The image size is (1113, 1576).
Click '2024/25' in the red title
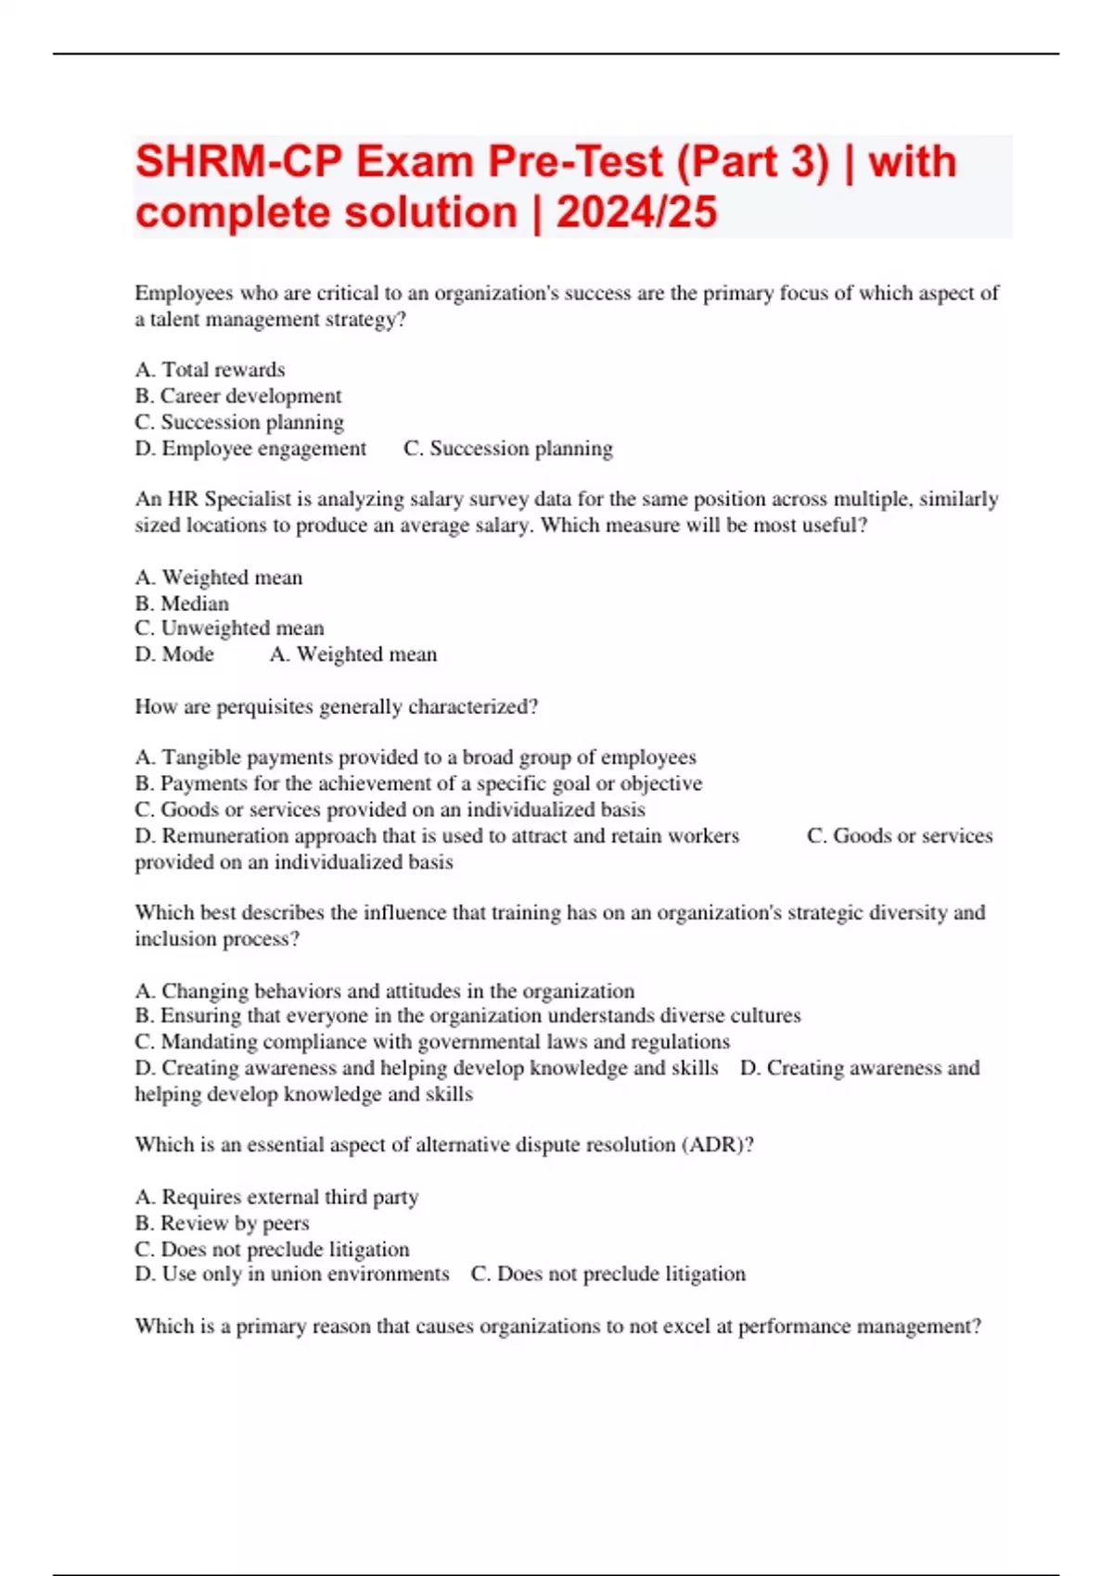click(636, 212)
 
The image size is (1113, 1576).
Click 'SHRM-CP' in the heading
click(239, 162)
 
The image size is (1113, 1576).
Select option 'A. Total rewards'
click(211, 370)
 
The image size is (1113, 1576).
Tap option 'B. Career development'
click(238, 396)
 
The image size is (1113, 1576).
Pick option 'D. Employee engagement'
click(250, 449)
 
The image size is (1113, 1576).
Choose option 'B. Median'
click(183, 604)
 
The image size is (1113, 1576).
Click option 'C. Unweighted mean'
click(229, 629)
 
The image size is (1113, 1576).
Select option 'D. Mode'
click(174, 655)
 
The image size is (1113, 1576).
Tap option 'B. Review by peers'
click(223, 1224)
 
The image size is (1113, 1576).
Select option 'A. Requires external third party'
click(276, 1198)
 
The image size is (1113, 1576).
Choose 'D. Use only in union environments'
click(291, 1275)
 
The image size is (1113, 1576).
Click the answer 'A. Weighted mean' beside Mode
click(353, 655)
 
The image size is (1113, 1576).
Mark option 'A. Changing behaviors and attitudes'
click(385, 991)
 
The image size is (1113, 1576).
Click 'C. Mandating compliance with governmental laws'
click(432, 1042)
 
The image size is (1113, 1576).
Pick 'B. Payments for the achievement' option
click(418, 784)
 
